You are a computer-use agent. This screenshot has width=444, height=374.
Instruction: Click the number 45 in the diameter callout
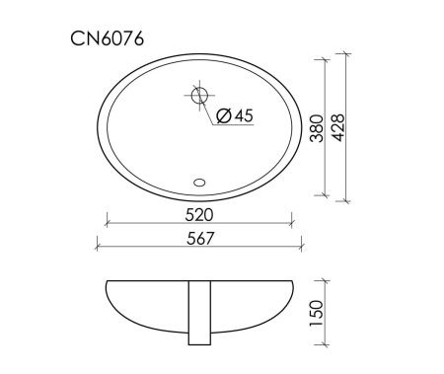(x=244, y=116)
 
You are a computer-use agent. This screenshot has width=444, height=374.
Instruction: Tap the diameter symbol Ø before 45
(x=223, y=116)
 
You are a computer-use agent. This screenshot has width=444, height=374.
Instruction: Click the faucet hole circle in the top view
(x=198, y=97)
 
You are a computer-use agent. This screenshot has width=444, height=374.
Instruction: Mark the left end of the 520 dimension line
(x=104, y=223)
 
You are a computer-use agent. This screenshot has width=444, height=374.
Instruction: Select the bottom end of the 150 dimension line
(x=327, y=346)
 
